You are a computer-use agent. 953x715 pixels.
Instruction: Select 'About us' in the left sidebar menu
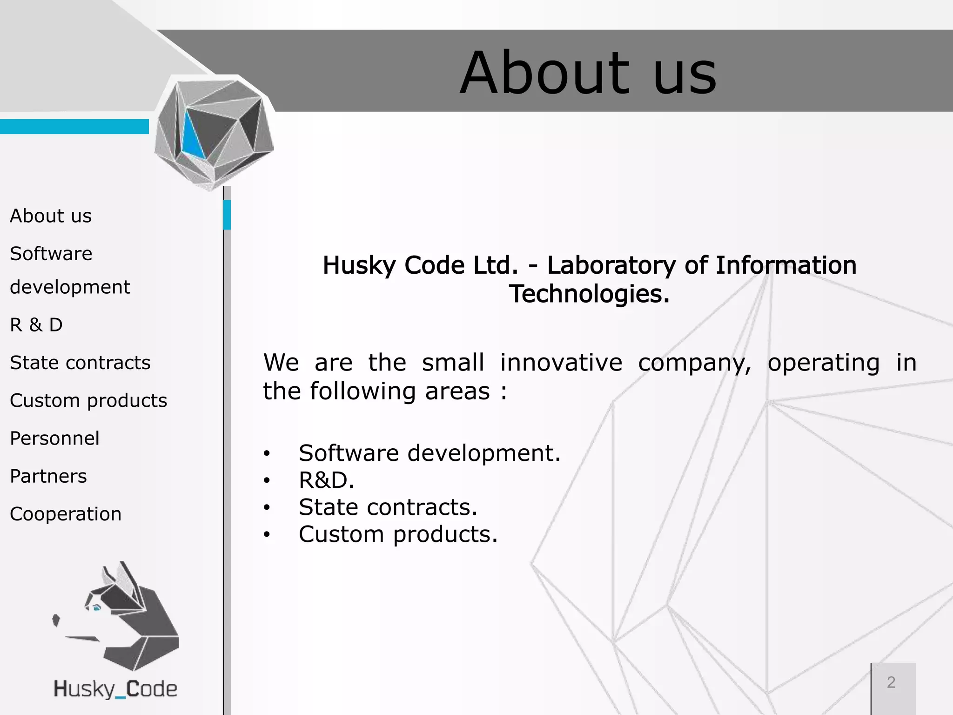coord(51,216)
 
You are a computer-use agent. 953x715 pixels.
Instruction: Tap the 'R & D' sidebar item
coord(36,325)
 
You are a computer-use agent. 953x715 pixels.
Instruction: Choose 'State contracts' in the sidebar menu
coord(80,363)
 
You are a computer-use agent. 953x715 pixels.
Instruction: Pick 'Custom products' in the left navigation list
coord(88,400)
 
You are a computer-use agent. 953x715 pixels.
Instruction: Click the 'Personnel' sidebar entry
coord(54,438)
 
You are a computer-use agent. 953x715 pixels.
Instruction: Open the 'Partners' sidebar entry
coord(48,476)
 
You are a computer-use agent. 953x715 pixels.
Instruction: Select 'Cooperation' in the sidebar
coord(66,514)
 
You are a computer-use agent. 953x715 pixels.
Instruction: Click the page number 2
coord(891,682)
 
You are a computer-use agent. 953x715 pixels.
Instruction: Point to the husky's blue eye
coord(97,607)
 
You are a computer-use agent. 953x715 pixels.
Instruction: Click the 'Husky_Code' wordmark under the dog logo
coord(115,689)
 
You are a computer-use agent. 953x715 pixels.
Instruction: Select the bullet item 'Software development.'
coord(430,453)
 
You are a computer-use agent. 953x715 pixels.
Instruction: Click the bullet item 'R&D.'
coord(326,480)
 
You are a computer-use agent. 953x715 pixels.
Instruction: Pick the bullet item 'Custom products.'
coord(398,534)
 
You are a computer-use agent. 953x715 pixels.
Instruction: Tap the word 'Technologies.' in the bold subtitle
coord(589,294)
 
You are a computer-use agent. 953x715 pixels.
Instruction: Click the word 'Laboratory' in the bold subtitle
coord(611,265)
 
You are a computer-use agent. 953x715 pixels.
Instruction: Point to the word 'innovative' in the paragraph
coord(561,363)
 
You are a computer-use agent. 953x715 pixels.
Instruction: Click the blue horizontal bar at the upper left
coord(74,127)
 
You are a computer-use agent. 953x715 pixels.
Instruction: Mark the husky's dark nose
coord(56,620)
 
